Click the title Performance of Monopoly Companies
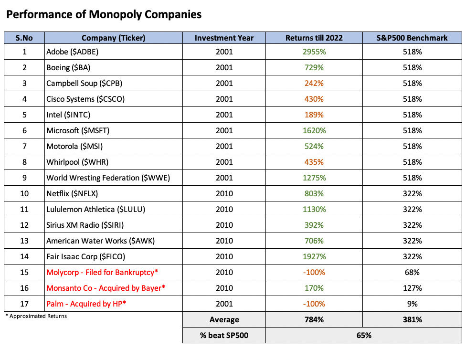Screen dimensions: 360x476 (x=104, y=15)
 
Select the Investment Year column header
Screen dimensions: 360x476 (x=224, y=38)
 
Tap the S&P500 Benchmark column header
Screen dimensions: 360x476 (x=412, y=38)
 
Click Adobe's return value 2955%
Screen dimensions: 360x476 (x=314, y=52)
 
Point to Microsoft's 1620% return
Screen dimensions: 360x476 (x=314, y=130)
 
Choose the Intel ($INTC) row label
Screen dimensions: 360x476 (x=68, y=115)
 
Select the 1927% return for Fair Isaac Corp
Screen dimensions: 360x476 (x=314, y=256)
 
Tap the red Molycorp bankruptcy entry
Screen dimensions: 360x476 (x=102, y=272)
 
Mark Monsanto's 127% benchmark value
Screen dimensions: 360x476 (x=412, y=288)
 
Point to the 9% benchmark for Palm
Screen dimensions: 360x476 (x=412, y=304)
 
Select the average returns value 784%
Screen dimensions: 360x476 (x=314, y=319)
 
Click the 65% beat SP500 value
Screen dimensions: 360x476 (x=364, y=335)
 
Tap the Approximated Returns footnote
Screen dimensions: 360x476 (x=36, y=316)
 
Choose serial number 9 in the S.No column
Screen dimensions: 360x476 (x=24, y=178)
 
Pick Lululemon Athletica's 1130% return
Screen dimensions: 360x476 (x=314, y=209)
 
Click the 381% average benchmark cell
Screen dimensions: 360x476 (x=412, y=319)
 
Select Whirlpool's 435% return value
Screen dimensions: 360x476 (x=314, y=162)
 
